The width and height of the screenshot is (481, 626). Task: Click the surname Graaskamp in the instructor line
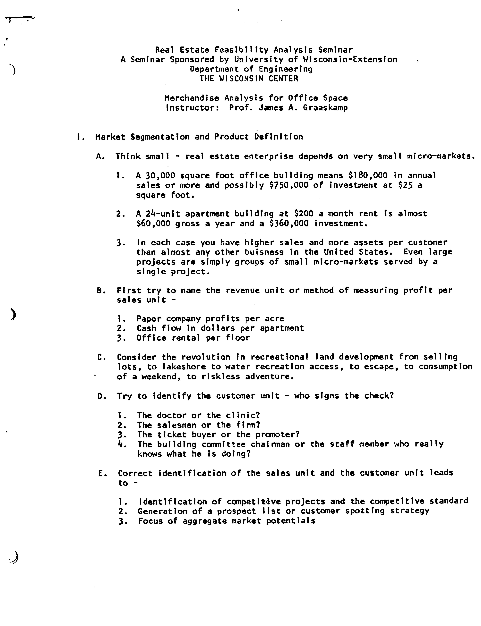tap(326, 108)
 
